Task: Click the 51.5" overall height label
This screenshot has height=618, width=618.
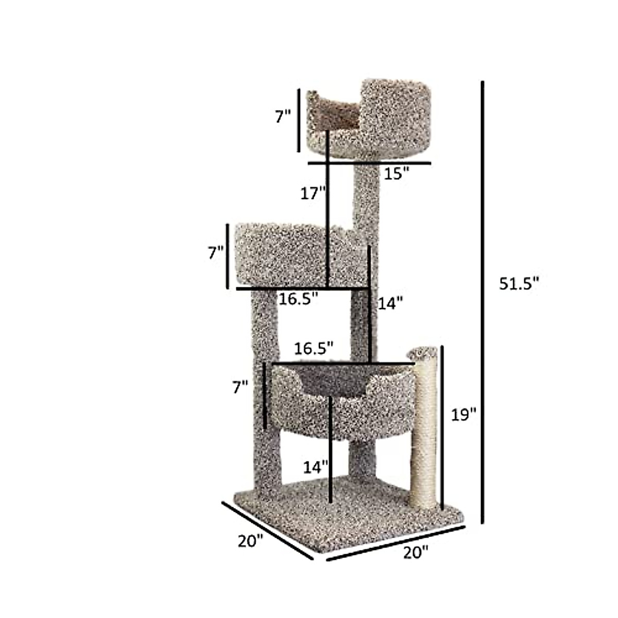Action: pos(519,284)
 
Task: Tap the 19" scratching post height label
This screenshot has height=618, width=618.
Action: pos(464,415)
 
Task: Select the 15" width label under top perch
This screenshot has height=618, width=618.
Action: pos(396,174)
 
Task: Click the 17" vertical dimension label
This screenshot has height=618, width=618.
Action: pos(313,194)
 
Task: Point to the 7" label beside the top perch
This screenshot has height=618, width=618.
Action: pos(283,116)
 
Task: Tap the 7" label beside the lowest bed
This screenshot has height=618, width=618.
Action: pos(240,387)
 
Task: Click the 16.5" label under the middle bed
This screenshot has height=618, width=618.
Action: pos(298,298)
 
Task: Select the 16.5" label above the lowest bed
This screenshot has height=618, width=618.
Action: pos(314,348)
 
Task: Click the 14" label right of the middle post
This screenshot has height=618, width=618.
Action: pos(390,303)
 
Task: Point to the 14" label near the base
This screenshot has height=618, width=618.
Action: pos(315,467)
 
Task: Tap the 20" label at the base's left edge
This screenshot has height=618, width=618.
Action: pos(250,541)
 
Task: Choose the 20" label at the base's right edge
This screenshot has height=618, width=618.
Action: pos(415,553)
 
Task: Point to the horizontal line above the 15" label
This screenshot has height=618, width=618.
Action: pos(369,163)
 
